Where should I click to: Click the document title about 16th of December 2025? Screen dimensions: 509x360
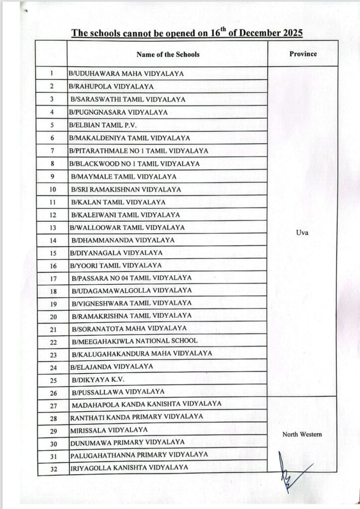pos(187,33)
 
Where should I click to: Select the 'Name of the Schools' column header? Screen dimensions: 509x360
pos(167,54)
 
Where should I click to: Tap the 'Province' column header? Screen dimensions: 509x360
pos(303,53)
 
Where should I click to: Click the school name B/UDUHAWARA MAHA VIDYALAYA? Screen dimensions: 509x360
pos(126,74)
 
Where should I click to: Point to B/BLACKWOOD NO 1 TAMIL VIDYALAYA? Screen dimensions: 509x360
pos(135,164)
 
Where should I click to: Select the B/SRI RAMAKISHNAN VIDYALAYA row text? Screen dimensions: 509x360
pos(126,189)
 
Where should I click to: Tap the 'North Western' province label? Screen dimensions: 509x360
pos(302,434)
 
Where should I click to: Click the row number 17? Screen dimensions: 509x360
pos(53,278)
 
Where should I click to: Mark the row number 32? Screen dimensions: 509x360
pos(52,468)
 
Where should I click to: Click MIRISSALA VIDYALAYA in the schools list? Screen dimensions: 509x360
pos(109,429)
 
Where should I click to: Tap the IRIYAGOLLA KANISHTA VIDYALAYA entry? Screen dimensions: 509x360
pos(129,467)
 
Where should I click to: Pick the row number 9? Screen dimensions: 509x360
pos(52,176)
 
